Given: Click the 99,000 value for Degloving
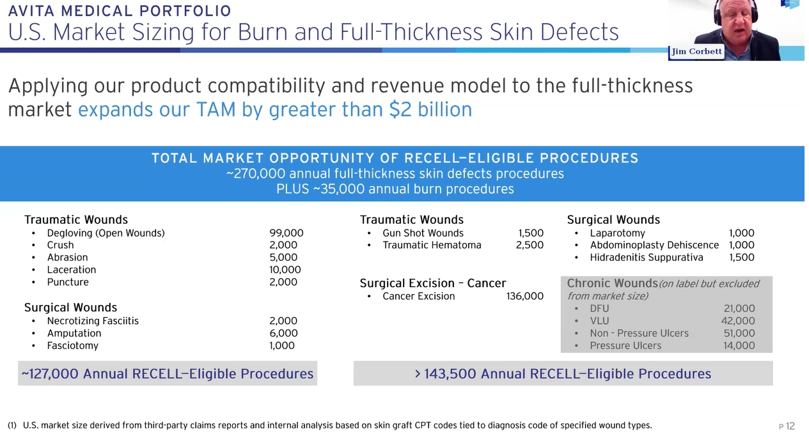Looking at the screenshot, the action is [287, 233].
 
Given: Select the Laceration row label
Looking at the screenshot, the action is [72, 270].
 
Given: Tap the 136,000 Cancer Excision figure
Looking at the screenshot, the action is [525, 296].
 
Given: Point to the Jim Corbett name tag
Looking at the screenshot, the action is [696, 52].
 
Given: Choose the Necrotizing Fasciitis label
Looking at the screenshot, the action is [93, 321].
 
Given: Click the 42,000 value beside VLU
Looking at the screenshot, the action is [738, 321].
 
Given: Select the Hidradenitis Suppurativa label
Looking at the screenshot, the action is [647, 258].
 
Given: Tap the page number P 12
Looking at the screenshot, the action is [787, 426].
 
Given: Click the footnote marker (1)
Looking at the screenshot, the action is [12, 425].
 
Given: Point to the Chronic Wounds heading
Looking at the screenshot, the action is [612, 283].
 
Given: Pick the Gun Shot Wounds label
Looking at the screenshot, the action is [423, 233].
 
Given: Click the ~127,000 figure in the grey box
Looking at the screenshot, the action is [50, 373].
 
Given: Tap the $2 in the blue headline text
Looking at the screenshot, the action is [400, 109].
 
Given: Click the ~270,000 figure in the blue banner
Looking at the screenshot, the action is [256, 174].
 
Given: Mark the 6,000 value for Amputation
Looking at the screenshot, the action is [283, 333].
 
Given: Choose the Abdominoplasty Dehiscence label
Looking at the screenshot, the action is [654, 245].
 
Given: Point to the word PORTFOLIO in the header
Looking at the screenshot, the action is [185, 11].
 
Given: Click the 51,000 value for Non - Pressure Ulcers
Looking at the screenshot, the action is [739, 333].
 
